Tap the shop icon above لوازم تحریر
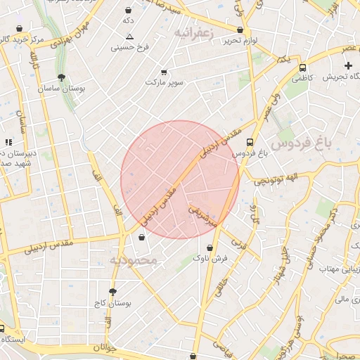[241, 30]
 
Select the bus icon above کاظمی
[302, 68]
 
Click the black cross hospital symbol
[348, 65]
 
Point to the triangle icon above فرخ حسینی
[129, 35]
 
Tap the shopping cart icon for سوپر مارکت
[164, 72]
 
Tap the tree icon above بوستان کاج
[112, 291]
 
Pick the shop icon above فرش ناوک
[210, 247]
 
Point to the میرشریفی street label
[205, 210]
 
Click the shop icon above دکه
[128, 11]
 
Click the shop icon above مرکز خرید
[19, 30]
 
